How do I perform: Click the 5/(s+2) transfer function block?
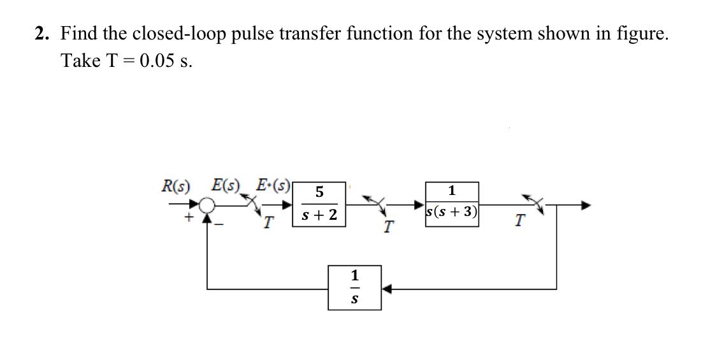click(319, 205)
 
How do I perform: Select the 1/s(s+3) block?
click(452, 204)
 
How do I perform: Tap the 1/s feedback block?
click(354, 287)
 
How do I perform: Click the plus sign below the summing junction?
click(189, 219)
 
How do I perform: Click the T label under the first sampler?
click(270, 222)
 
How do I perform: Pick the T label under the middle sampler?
click(388, 226)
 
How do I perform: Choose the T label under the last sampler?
click(520, 220)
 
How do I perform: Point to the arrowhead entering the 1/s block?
click(386, 289)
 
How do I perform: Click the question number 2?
click(41, 34)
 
